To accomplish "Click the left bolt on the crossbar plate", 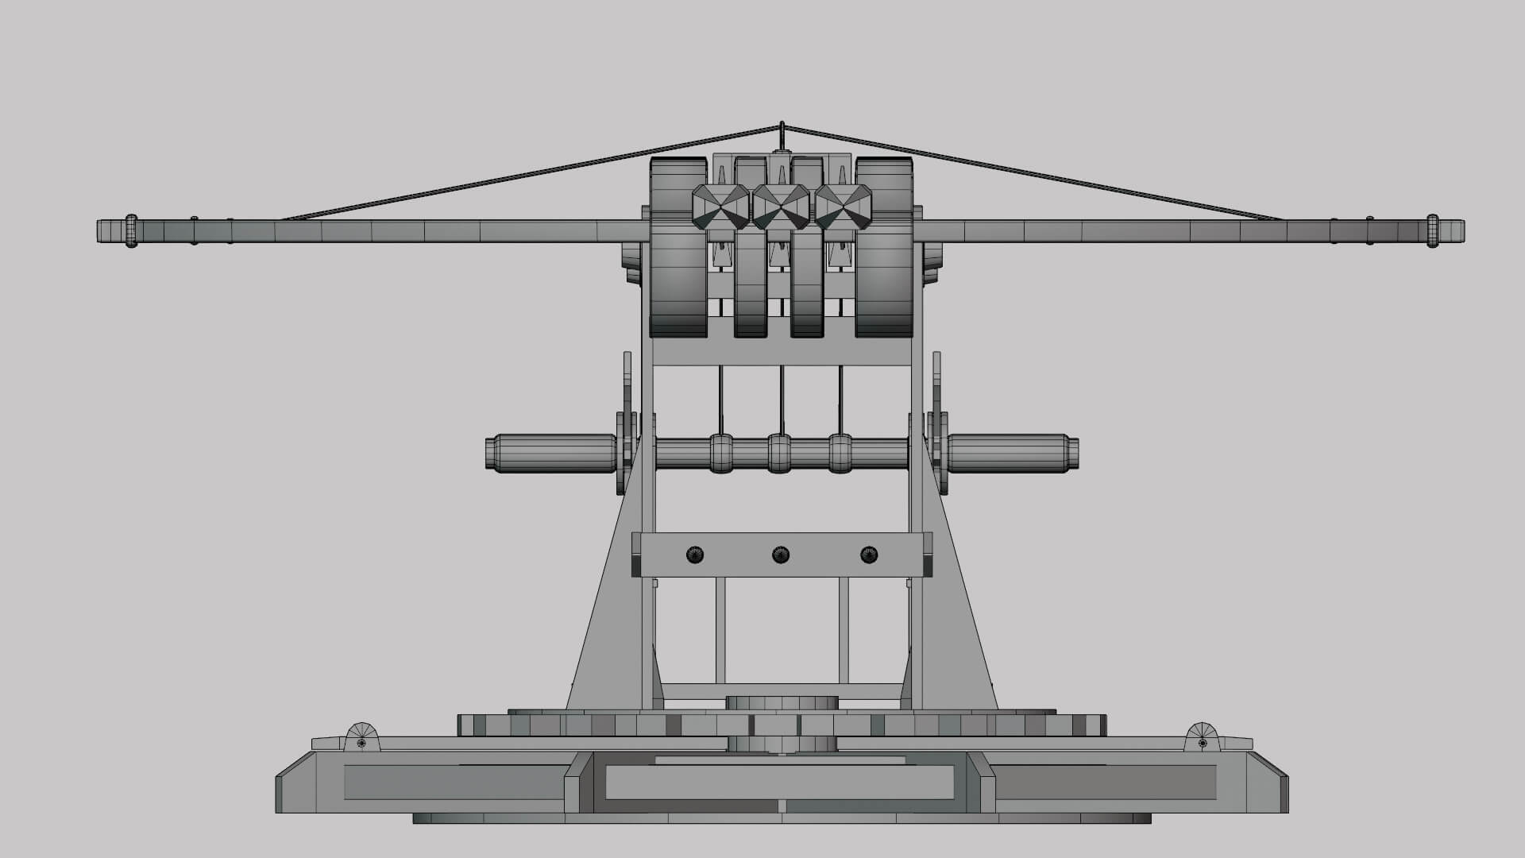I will coord(695,555).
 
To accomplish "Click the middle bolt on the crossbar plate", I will coord(781,555).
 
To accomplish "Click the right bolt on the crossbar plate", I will coord(869,555).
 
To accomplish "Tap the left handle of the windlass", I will coord(550,452).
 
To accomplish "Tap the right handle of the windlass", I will coord(1013,452).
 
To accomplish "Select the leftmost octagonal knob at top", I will coord(720,207).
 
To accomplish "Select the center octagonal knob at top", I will coord(781,207).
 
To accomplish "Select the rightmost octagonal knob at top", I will coord(844,207).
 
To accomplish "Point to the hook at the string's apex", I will coord(782,135).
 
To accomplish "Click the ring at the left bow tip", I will coord(131,231).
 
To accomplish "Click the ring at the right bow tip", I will coord(1432,231).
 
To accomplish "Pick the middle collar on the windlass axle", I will coord(780,453).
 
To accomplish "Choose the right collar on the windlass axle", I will coord(840,453).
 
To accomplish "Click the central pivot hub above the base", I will coord(782,704).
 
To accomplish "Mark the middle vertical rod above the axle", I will coord(782,400).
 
